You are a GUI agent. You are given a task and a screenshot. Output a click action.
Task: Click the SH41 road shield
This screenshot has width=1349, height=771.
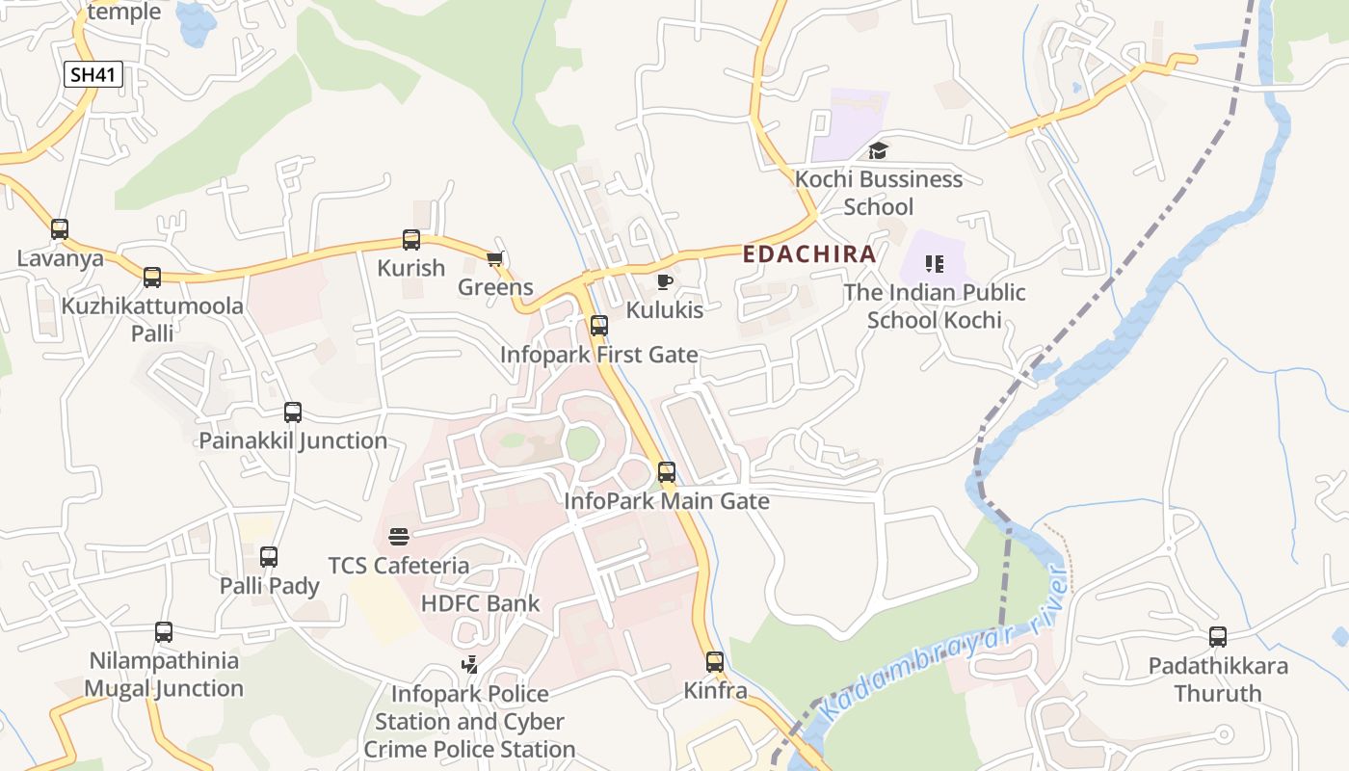tap(93, 74)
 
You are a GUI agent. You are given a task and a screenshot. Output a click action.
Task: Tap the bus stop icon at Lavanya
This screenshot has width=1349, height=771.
tap(60, 229)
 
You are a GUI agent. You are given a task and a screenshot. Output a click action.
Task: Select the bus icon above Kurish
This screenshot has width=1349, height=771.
tap(411, 240)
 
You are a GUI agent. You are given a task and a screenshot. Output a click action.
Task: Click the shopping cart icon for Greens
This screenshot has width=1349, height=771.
tap(495, 258)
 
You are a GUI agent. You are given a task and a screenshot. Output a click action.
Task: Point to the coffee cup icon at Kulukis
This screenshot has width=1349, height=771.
tap(664, 281)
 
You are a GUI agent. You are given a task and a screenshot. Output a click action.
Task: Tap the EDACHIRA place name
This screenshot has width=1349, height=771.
tap(809, 254)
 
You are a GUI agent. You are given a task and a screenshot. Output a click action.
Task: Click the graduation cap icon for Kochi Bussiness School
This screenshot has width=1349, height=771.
tap(878, 150)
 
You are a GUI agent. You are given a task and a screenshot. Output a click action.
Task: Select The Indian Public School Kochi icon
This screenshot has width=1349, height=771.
tap(934, 263)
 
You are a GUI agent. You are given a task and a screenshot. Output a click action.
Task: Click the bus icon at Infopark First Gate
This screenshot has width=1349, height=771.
tap(599, 326)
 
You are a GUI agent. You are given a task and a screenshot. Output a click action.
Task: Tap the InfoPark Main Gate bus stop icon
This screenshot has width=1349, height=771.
tap(667, 472)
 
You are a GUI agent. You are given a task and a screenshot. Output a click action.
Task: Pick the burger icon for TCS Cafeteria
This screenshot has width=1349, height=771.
tap(399, 537)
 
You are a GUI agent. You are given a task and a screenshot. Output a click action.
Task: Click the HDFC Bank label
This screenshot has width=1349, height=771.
tap(481, 604)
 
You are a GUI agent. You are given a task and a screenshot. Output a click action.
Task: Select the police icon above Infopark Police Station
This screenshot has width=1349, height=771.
tap(469, 665)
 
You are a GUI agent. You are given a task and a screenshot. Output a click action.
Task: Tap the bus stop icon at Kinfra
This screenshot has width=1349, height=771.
tap(715, 662)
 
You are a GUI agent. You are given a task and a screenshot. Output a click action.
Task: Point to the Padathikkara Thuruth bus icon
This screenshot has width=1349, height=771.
tap(1218, 637)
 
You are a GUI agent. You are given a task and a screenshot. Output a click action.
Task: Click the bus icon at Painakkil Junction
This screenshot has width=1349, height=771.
tap(293, 412)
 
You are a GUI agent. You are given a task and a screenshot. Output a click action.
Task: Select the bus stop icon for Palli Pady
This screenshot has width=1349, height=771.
tap(269, 557)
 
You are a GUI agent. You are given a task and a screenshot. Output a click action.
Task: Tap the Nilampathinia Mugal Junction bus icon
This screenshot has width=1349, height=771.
tap(164, 632)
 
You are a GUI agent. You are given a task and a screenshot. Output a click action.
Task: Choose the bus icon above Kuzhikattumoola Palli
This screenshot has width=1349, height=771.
tap(152, 278)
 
